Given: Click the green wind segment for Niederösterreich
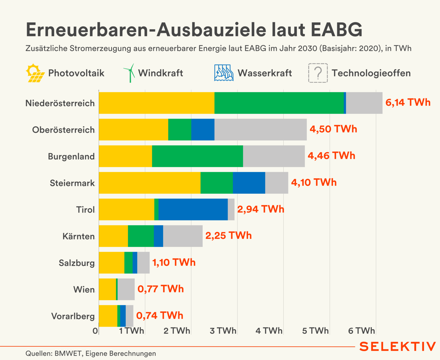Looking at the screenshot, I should tap(279, 103).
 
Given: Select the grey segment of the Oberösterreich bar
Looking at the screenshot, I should tap(260, 129).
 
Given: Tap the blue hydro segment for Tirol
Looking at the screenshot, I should tap(193, 209).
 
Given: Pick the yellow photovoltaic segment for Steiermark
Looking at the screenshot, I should tap(149, 183).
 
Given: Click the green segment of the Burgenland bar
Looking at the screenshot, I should tap(197, 156).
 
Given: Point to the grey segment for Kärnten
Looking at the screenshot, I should tap(183, 236).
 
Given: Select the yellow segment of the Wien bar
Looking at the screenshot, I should tap(107, 289).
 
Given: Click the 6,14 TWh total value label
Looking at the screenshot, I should tap(408, 103).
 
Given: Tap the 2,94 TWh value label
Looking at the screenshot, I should tap(260, 209).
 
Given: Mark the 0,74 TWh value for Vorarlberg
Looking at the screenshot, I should tap(159, 316).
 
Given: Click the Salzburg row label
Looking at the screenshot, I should tap(76, 263).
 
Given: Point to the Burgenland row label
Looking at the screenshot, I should tap(71, 156).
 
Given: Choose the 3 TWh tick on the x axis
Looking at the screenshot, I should tap(223, 331).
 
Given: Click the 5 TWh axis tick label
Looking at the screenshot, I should tap(315, 331).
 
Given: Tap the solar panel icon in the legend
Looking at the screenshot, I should tap(35, 73).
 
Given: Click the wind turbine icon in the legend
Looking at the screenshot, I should tap(129, 73).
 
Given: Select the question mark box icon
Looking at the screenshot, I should tap(318, 73).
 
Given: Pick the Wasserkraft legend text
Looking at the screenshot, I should tap(264, 73).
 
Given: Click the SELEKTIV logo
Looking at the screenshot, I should tap(397, 346).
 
